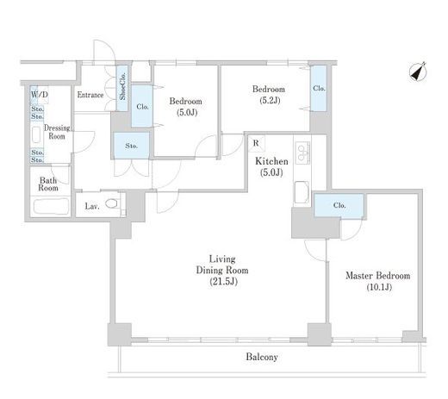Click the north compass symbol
click(418, 72)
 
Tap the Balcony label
click(262, 357)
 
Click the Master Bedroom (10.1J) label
click(378, 281)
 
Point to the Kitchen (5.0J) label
click(271, 166)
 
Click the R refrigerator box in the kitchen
click(257, 143)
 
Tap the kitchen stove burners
click(302, 153)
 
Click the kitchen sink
click(302, 192)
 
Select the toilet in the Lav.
click(112, 203)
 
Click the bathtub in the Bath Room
click(51, 206)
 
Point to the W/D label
click(39, 95)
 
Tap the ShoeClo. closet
click(122, 88)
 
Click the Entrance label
click(90, 95)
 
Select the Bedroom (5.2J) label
click(269, 95)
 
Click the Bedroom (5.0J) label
click(186, 107)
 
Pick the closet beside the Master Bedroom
click(339, 205)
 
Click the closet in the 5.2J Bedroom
click(319, 88)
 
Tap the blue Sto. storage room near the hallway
click(132, 146)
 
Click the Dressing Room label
click(57, 132)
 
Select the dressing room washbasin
click(36, 135)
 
